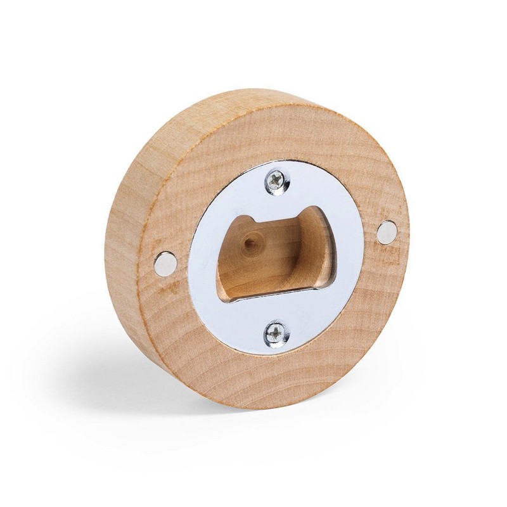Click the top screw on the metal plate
tap(276, 180)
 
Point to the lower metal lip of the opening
tap(273, 303)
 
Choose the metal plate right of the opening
tap(345, 253)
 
